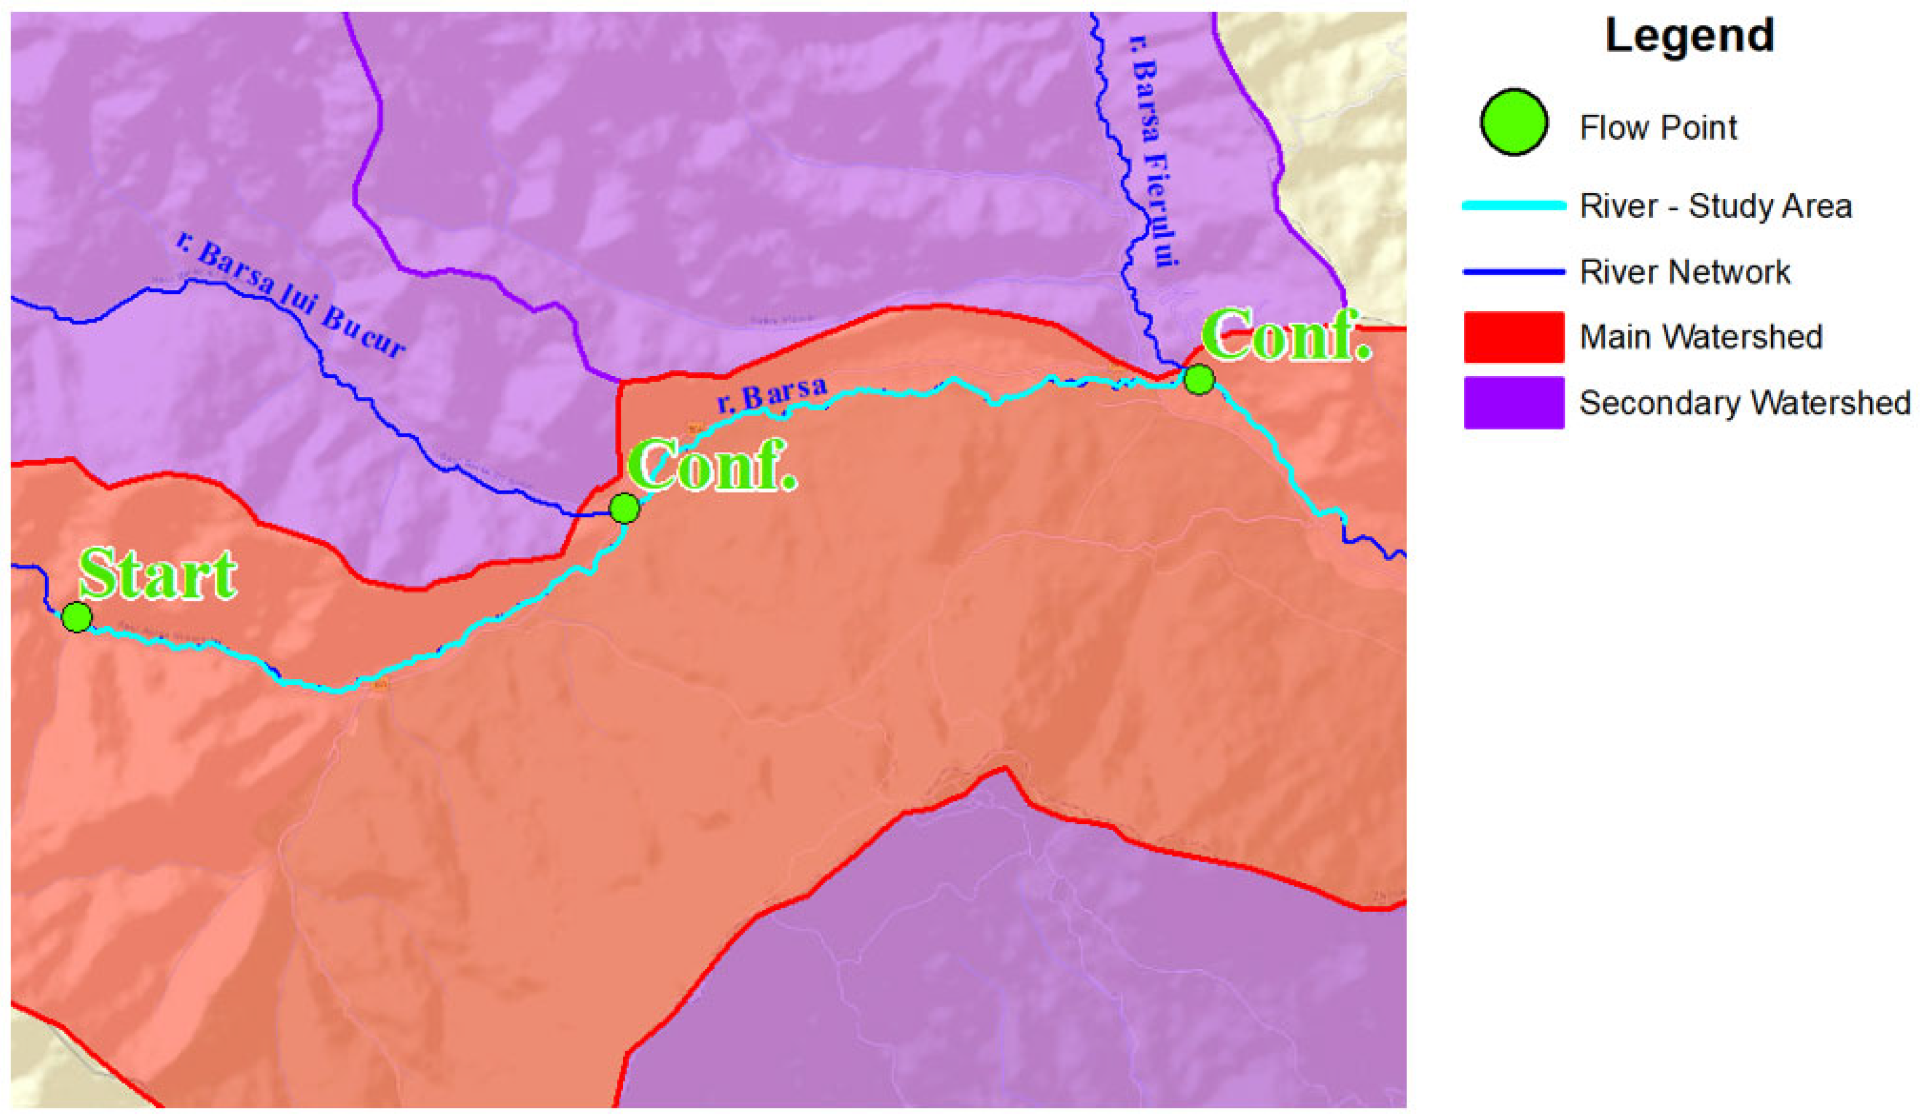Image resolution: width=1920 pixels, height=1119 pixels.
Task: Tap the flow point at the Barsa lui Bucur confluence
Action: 625,508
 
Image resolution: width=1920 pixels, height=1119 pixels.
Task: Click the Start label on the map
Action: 158,574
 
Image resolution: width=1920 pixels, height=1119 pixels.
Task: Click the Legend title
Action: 1689,36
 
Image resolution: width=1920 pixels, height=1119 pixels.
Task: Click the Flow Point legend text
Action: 1658,127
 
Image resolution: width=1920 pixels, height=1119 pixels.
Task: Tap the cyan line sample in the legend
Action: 1513,206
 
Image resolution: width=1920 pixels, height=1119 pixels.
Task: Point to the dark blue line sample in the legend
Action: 1513,272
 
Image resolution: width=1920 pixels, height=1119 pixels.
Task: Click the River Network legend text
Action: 1685,272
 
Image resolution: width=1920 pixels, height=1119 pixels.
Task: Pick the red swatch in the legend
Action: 1513,337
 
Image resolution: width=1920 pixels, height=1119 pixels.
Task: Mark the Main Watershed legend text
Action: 1700,337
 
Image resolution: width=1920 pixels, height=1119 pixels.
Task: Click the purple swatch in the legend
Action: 1513,402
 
